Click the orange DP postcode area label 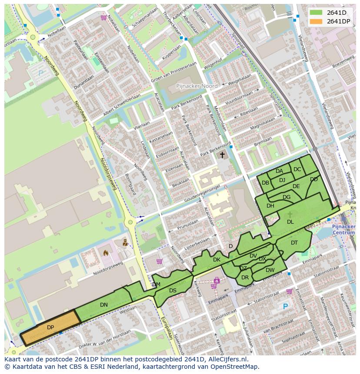point(50,327)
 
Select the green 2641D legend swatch point(316,12)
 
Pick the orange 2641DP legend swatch point(316,21)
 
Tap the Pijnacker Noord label point(197,86)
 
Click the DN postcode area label point(103,305)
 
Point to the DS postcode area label point(173,291)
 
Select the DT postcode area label point(294,243)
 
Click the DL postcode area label point(290,222)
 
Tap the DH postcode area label point(270,206)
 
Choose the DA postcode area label point(279,171)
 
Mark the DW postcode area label point(270,270)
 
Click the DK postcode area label point(217,260)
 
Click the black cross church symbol point(222,155)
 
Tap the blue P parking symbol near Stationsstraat point(285,307)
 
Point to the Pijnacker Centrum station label point(343,230)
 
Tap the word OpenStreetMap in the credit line point(235,367)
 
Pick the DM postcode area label point(156,285)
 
